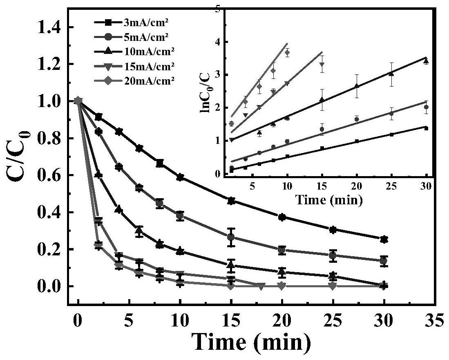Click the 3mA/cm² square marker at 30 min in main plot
click(383, 239)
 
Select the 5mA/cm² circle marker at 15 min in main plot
click(231, 237)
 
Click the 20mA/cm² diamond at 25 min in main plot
click(333, 286)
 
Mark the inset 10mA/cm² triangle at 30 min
click(426, 61)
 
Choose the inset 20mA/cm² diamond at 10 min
click(287, 52)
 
